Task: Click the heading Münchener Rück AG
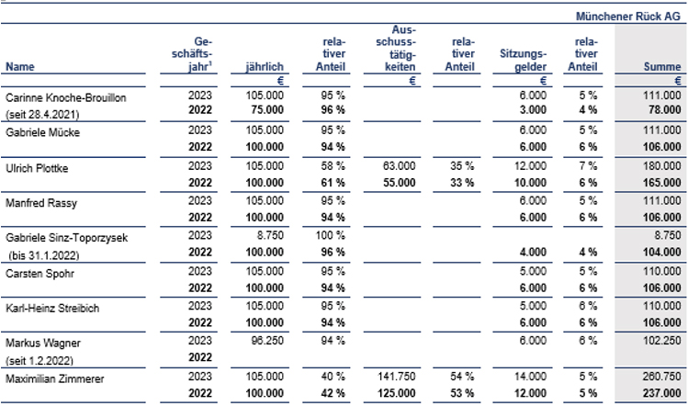click(628, 17)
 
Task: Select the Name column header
click(19, 67)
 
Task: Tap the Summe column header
click(662, 67)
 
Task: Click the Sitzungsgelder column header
click(523, 60)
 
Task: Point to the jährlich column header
click(265, 67)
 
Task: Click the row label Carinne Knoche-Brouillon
click(66, 97)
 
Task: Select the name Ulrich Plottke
click(37, 168)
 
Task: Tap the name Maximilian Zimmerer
click(55, 378)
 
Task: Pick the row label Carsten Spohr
click(39, 274)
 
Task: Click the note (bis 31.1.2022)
click(44, 255)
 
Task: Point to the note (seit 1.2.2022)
click(39, 360)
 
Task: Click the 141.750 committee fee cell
click(396, 377)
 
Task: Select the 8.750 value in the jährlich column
click(270, 235)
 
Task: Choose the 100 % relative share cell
click(330, 235)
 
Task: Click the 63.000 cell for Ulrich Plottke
click(399, 166)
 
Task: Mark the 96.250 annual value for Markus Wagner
click(267, 341)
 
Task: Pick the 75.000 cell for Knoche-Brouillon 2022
click(267, 109)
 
